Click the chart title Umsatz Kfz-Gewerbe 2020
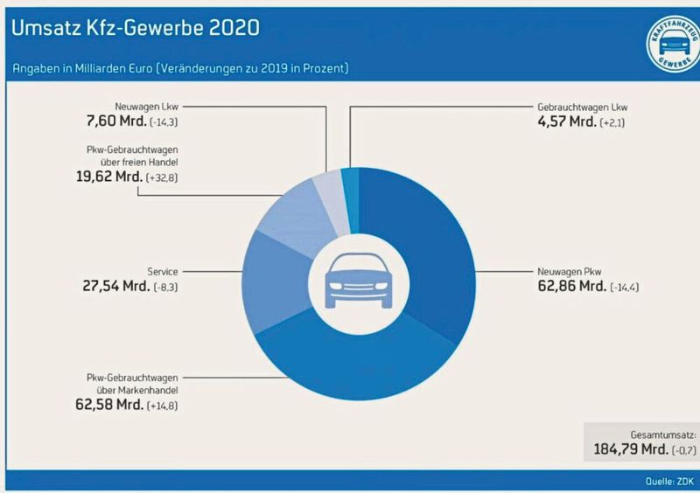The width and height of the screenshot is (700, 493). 135,28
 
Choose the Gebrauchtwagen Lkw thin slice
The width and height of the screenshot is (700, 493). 350,184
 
